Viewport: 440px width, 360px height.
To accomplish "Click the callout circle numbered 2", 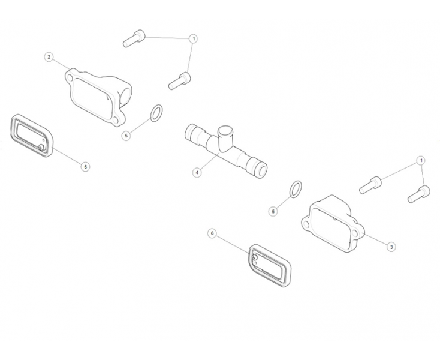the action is point(49,57).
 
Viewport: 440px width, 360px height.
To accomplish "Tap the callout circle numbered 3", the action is point(391,247).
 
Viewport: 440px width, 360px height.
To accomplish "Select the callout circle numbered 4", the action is point(197,172).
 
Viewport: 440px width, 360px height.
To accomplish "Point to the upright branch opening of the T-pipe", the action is point(225,131).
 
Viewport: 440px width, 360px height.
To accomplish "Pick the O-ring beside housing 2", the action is point(156,113).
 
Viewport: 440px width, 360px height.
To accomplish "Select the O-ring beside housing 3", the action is point(296,189).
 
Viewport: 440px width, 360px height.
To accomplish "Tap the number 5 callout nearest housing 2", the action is point(126,136).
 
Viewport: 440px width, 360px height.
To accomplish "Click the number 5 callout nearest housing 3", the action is point(273,211).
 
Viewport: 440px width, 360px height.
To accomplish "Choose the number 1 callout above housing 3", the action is point(420,161).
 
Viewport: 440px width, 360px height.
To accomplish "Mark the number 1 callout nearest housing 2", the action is point(193,39).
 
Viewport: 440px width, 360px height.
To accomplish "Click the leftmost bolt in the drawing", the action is point(134,38).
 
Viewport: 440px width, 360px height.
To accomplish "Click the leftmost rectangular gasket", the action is point(31,136).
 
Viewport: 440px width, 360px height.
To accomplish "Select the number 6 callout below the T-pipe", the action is point(212,233).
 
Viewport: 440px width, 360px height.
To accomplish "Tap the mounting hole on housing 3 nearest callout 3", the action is point(355,233).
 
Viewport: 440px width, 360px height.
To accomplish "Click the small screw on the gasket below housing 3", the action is point(255,257).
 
